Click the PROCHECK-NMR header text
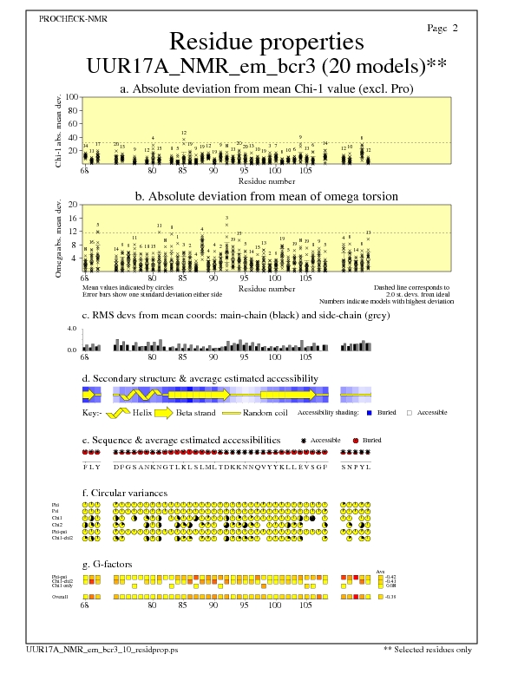click(x=66, y=17)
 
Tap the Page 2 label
click(x=442, y=29)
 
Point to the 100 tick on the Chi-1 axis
click(x=72, y=97)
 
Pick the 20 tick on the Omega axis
click(x=74, y=205)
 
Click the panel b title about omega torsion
click(x=266, y=196)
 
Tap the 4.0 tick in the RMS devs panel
click(x=73, y=330)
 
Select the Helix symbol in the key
click(x=122, y=413)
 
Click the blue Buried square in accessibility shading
click(x=371, y=412)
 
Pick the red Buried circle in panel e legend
click(x=356, y=441)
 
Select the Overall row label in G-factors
click(x=61, y=597)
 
